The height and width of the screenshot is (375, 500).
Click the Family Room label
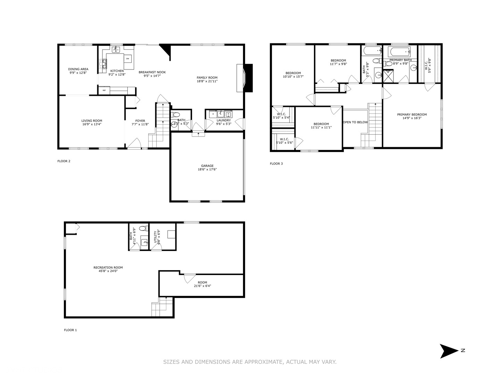[x=207, y=78]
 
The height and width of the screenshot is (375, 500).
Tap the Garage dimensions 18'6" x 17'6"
[x=207, y=170]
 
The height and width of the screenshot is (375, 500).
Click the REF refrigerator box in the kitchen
[x=104, y=90]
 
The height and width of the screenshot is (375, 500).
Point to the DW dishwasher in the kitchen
[x=128, y=58]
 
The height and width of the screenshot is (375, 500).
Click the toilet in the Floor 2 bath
[x=176, y=115]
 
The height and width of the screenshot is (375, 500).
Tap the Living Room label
[x=92, y=121]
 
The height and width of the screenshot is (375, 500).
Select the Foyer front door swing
[x=135, y=143]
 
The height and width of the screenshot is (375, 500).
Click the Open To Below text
[x=355, y=122]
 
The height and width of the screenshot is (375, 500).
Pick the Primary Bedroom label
[x=412, y=115]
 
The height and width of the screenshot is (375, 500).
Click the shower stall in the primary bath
[x=387, y=76]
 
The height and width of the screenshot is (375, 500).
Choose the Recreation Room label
[x=108, y=268]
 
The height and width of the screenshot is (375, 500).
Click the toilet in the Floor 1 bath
[x=142, y=228]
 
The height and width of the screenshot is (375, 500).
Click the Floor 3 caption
[x=276, y=164]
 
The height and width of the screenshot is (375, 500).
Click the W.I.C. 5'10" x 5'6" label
[x=284, y=141]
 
